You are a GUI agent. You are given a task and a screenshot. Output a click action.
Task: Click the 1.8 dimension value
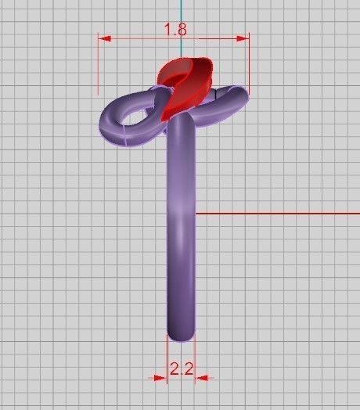pos(175,29)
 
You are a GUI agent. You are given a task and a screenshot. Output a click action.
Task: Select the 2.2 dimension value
pos(181,369)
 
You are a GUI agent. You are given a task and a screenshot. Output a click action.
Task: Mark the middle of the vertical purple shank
pos(181,227)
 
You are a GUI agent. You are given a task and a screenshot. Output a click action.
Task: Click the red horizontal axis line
pos(274,213)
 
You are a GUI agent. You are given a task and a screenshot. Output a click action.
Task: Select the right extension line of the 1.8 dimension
pos(249,67)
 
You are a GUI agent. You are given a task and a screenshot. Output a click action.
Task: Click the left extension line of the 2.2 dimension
pos(168,360)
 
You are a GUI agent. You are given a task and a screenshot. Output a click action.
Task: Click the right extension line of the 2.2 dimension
pos(194,360)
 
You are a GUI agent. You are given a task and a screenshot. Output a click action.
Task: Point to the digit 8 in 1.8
pos(181,29)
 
